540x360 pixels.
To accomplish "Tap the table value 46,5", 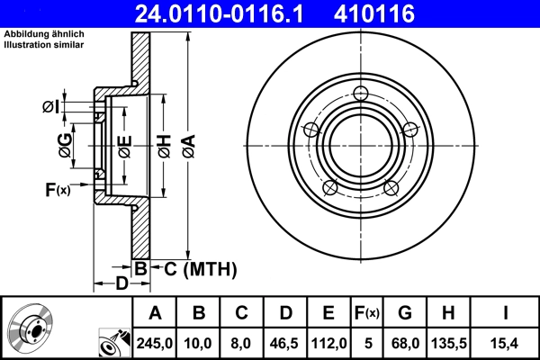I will (285, 342).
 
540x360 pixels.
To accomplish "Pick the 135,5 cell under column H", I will (449, 342).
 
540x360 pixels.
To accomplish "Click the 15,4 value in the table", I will (506, 342).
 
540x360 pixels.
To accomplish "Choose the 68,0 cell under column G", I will (405, 342).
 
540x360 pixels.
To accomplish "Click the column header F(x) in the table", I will (366, 313).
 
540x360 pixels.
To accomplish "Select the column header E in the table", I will (328, 313).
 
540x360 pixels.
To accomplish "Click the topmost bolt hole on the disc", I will (362, 94).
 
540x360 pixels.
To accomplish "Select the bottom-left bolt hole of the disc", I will (330, 188).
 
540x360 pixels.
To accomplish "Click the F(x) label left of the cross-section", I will (57, 189).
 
